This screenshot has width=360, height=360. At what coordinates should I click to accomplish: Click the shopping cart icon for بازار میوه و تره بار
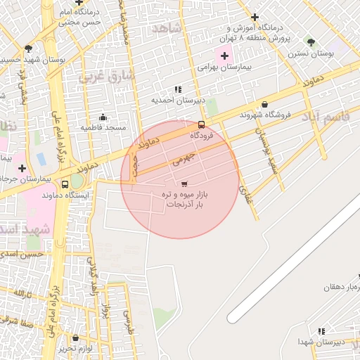tap(174, 184)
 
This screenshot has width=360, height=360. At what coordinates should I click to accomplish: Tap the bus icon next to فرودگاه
tap(202, 125)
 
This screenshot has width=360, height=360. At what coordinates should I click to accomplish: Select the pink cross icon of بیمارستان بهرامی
tap(224, 56)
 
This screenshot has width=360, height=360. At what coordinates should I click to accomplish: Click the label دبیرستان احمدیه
tap(179, 100)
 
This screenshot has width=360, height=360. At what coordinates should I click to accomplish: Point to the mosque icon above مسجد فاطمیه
tap(103, 117)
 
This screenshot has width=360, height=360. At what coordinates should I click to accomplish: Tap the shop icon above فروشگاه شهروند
tap(264, 104)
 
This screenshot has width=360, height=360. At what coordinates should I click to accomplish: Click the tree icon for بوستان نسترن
tap(310, 43)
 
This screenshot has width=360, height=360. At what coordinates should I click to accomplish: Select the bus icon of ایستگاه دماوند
tap(65, 184)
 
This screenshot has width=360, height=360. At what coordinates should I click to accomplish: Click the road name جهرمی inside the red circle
tap(181, 157)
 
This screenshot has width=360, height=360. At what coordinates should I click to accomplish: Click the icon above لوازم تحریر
tap(76, 338)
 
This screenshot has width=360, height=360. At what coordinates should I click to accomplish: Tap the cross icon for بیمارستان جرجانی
tap(23, 168)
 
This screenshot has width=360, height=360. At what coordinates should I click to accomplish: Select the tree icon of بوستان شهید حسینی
tap(28, 49)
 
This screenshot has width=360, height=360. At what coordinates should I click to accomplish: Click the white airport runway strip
tap(295, 260)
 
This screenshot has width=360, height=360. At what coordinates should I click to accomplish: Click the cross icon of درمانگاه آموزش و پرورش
tap(255, 17)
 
